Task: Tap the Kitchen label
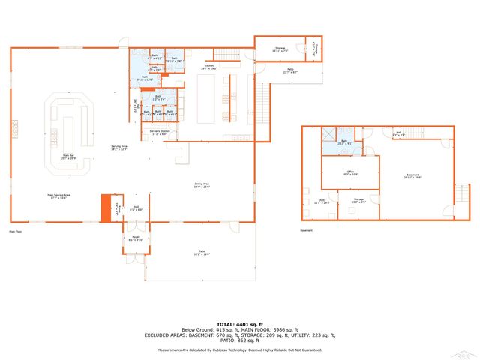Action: point(209,67)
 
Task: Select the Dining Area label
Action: point(202,186)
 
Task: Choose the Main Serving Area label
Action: point(56,196)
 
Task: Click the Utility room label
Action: point(322,202)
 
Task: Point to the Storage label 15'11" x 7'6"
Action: point(280,50)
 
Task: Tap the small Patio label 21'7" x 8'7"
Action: point(289,71)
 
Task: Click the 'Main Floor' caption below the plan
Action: point(17,231)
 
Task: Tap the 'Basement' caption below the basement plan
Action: point(306,231)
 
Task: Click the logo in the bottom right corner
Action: point(469,352)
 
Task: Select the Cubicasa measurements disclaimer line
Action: point(240,349)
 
